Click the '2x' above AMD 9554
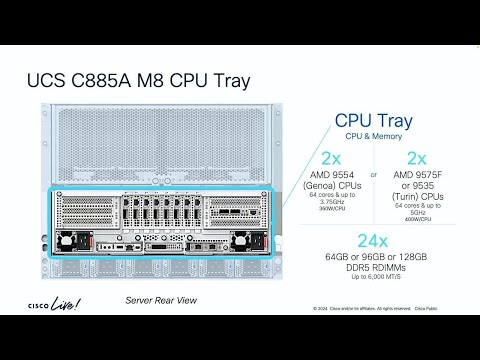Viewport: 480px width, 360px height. tap(331, 159)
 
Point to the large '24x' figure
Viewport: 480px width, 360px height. tap(372, 243)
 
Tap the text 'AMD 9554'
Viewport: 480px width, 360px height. tap(331, 177)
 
